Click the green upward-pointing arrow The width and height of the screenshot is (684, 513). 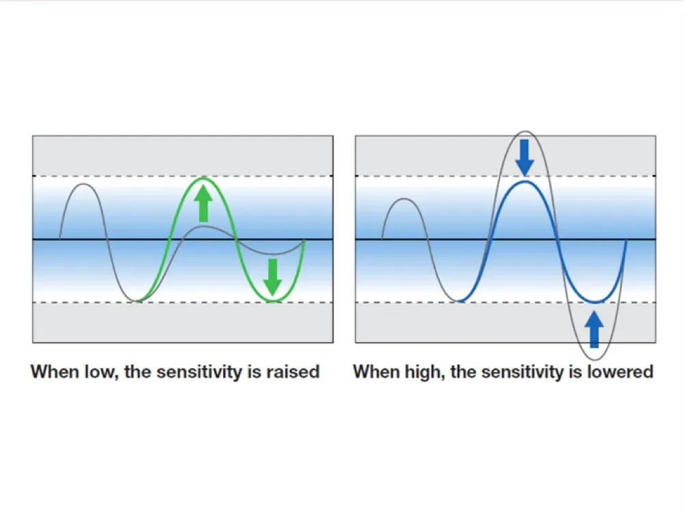pyautogui.click(x=203, y=203)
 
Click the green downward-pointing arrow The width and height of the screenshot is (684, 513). pyautogui.click(x=273, y=278)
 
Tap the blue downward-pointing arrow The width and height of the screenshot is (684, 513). pyautogui.click(x=525, y=157)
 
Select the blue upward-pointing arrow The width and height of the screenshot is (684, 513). pyautogui.click(x=594, y=330)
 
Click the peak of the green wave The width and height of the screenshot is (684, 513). pyautogui.click(x=204, y=178)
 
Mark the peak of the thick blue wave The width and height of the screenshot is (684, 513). pyautogui.click(x=525, y=181)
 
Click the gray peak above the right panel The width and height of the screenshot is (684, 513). pyautogui.click(x=525, y=131)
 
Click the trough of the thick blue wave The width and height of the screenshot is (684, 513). pyautogui.click(x=595, y=302)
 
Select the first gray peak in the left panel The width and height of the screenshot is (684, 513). pyautogui.click(x=84, y=184)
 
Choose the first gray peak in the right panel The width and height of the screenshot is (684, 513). pyautogui.click(x=404, y=199)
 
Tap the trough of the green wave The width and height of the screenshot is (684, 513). pyautogui.click(x=273, y=300)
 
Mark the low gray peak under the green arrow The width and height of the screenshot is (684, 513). pyautogui.click(x=204, y=226)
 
